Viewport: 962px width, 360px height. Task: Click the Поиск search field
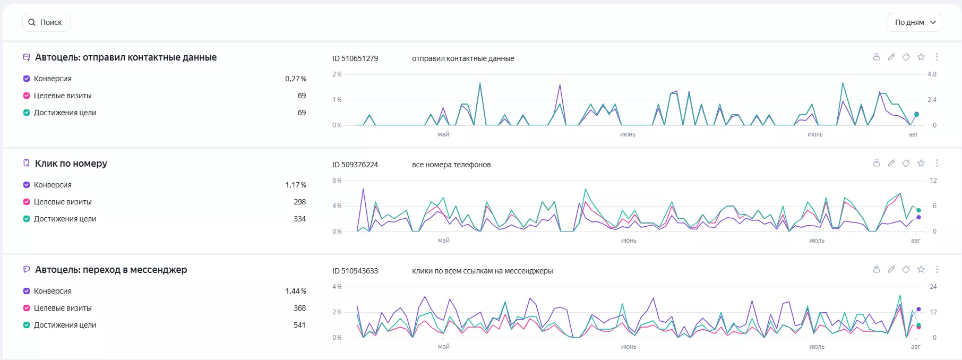tap(46, 22)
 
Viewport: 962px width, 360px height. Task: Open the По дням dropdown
tap(914, 22)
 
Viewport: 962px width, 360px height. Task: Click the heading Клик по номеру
tap(71, 164)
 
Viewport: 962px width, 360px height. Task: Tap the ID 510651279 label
tap(355, 58)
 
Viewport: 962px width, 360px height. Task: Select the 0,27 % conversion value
tap(296, 79)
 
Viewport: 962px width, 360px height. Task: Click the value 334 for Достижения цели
tap(300, 219)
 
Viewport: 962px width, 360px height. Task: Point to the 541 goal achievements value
tap(300, 325)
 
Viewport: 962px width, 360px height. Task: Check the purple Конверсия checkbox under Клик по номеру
tap(27, 185)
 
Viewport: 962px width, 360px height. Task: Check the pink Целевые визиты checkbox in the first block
tap(27, 96)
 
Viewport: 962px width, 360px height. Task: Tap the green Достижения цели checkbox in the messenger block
tap(27, 325)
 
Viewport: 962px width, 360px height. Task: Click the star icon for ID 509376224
tap(921, 163)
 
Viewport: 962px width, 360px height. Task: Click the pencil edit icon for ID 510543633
tap(891, 269)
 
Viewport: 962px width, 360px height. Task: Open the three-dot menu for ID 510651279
tap(937, 57)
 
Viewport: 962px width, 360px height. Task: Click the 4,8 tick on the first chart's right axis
tap(932, 74)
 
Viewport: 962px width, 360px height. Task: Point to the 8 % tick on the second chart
tap(337, 181)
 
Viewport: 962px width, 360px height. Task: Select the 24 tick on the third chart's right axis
tap(933, 287)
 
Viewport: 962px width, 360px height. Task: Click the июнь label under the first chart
tap(628, 134)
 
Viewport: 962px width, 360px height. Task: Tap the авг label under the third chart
tap(916, 347)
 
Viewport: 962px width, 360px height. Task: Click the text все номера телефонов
tap(451, 165)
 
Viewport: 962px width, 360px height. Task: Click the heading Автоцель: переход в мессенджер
tap(111, 270)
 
